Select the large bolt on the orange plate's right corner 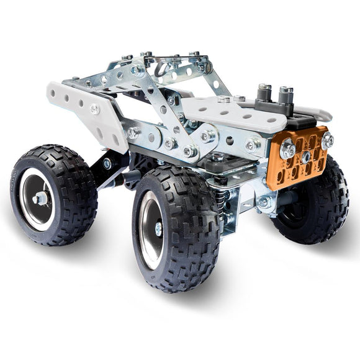click(x=327, y=141)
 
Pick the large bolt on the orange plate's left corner click(x=287, y=149)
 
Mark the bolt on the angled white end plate click(x=94, y=109)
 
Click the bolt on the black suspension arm click(x=108, y=164)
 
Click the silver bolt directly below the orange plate click(x=264, y=202)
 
